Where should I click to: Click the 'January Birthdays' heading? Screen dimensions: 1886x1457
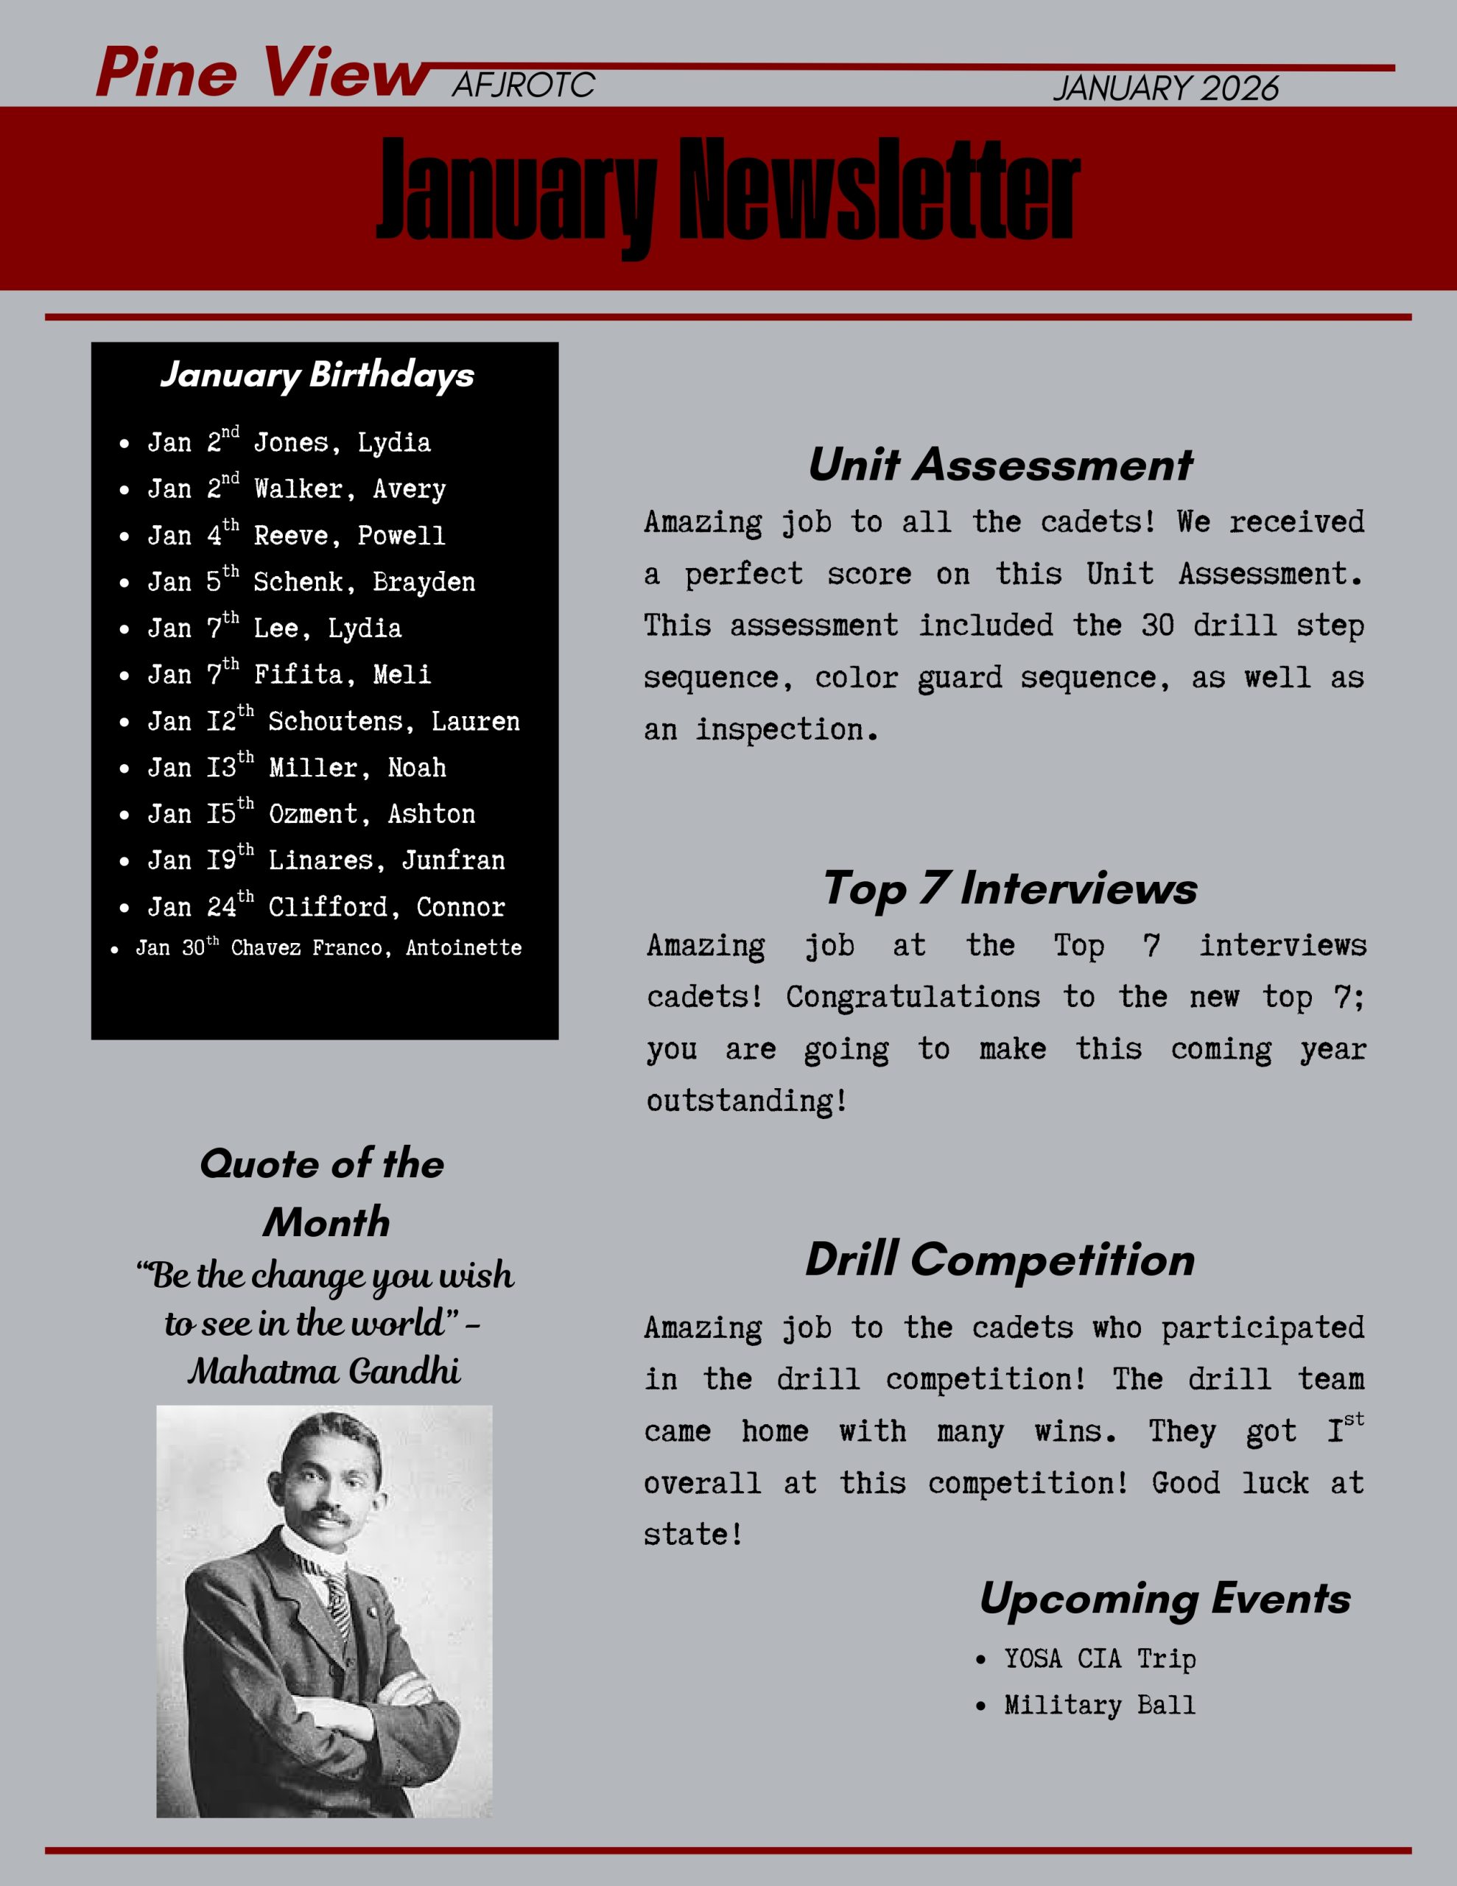pyautogui.click(x=317, y=375)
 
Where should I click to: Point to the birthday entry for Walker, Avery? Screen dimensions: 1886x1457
pyautogui.click(x=296, y=488)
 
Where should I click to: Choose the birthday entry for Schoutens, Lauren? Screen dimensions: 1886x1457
pyautogui.click(x=334, y=721)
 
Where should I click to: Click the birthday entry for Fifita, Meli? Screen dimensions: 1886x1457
pyautogui.click(x=289, y=674)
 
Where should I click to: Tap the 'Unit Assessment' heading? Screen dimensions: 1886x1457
pyautogui.click(x=1000, y=465)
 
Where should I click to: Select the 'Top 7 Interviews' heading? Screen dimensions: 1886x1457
pyautogui.click(x=1010, y=888)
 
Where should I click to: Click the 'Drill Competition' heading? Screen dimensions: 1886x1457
pyautogui.click(x=1000, y=1259)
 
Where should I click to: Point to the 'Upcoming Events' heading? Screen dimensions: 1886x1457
pyautogui.click(x=1165, y=1599)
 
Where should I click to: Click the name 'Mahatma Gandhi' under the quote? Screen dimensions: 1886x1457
pyautogui.click(x=325, y=1371)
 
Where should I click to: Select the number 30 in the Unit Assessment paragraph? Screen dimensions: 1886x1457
pyautogui.click(x=1157, y=625)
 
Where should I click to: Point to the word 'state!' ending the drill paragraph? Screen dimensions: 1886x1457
pyautogui.click(x=692, y=1535)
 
